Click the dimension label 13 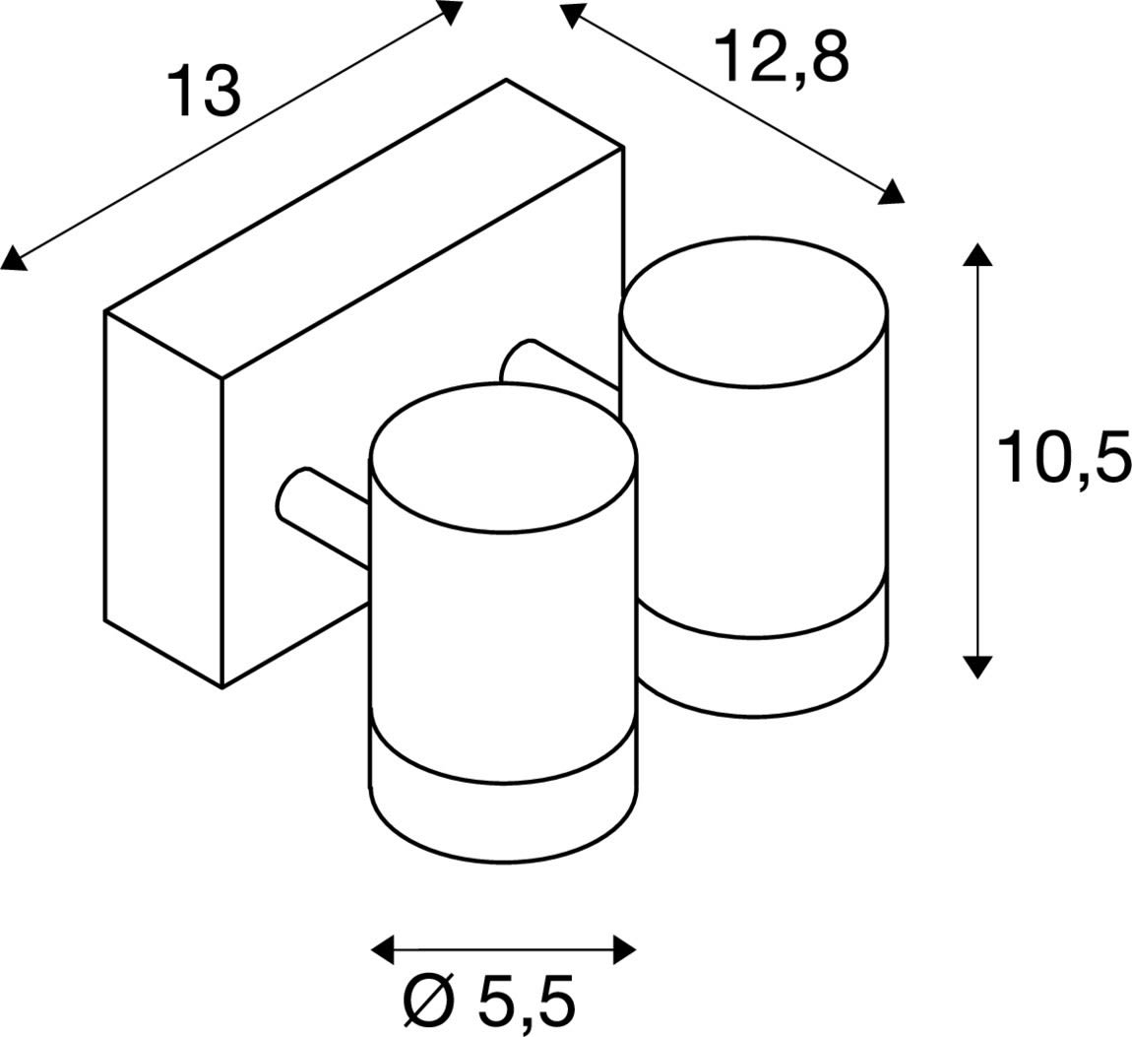click(x=204, y=91)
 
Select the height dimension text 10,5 click(x=1063, y=456)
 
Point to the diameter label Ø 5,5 click(x=489, y=1001)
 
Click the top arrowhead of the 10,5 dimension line click(x=977, y=254)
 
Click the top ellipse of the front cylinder click(x=503, y=459)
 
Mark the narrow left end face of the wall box click(x=163, y=498)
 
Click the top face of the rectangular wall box click(x=364, y=228)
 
